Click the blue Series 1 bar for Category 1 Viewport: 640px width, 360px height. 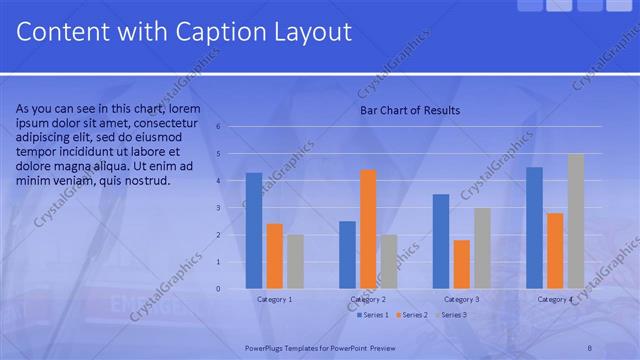tap(254, 231)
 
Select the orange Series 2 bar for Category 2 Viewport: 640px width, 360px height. tap(368, 229)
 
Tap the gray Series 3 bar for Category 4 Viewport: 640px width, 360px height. tap(576, 221)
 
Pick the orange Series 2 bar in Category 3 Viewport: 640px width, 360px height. tap(462, 264)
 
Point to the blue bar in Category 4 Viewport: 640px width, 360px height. tap(535, 228)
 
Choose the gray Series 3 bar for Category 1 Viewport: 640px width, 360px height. tap(295, 262)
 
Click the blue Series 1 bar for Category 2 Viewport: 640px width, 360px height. tap(347, 255)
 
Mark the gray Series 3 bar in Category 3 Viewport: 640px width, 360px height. tap(482, 248)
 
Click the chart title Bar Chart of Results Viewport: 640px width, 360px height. tap(410, 110)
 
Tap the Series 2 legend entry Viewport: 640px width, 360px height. tap(411, 315)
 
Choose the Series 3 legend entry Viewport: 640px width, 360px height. tap(450, 315)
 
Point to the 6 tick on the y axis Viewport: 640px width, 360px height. tap(232, 127)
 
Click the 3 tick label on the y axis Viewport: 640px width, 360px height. tap(232, 208)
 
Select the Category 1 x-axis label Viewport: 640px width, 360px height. tap(275, 299)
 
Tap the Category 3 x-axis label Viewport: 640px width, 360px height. tap(462, 299)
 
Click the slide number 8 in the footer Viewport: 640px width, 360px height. tap(590, 346)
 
